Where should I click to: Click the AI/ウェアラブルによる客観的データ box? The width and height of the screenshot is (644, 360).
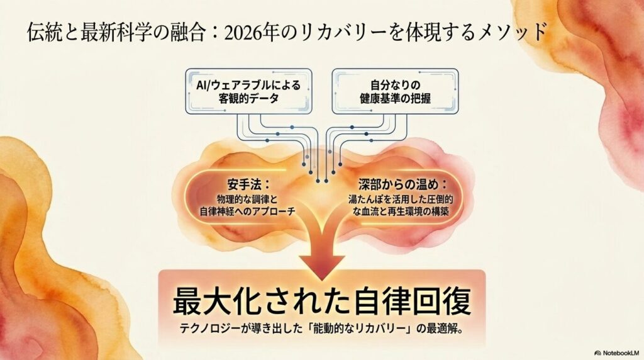click(248, 91)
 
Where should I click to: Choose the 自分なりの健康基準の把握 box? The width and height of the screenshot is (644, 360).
click(395, 91)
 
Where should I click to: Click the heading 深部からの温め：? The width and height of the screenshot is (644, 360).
click(402, 184)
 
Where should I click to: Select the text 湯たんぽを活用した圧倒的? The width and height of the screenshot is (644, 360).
click(401, 200)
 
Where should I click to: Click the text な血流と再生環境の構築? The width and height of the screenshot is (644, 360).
click(401, 211)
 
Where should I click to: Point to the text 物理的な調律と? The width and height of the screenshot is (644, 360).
click(247, 200)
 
